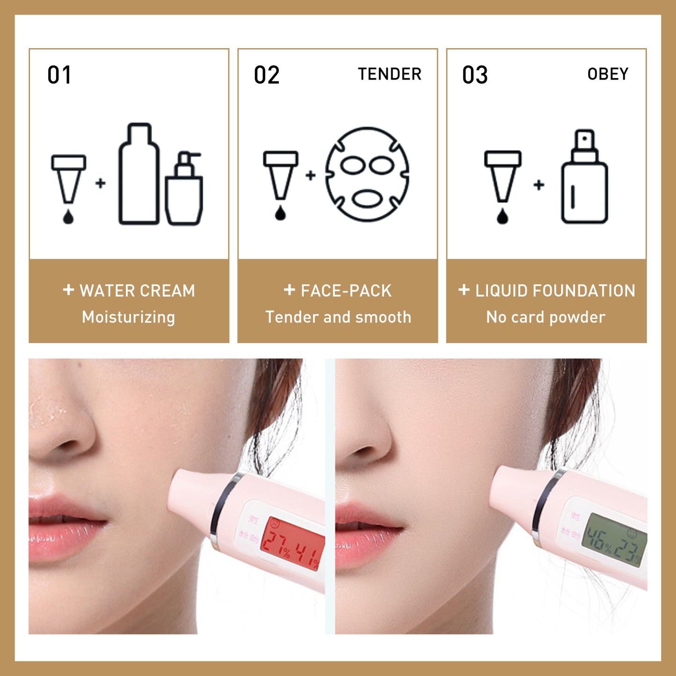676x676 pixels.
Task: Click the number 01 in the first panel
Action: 59,75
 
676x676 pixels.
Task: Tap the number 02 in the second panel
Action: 267,75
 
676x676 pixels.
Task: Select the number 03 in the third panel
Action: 475,75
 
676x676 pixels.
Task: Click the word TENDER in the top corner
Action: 390,74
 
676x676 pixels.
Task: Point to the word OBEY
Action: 608,74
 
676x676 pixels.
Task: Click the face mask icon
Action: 367,174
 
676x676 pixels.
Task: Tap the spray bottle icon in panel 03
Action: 585,178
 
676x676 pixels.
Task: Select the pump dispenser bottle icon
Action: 184,189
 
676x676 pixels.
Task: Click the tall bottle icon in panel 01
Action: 139,174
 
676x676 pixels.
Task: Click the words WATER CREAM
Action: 137,291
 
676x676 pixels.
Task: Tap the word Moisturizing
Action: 129,317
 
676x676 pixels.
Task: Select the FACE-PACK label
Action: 346,291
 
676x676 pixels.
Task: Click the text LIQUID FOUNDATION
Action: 555,291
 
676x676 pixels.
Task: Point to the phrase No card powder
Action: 546,317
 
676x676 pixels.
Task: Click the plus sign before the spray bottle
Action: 539,185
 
